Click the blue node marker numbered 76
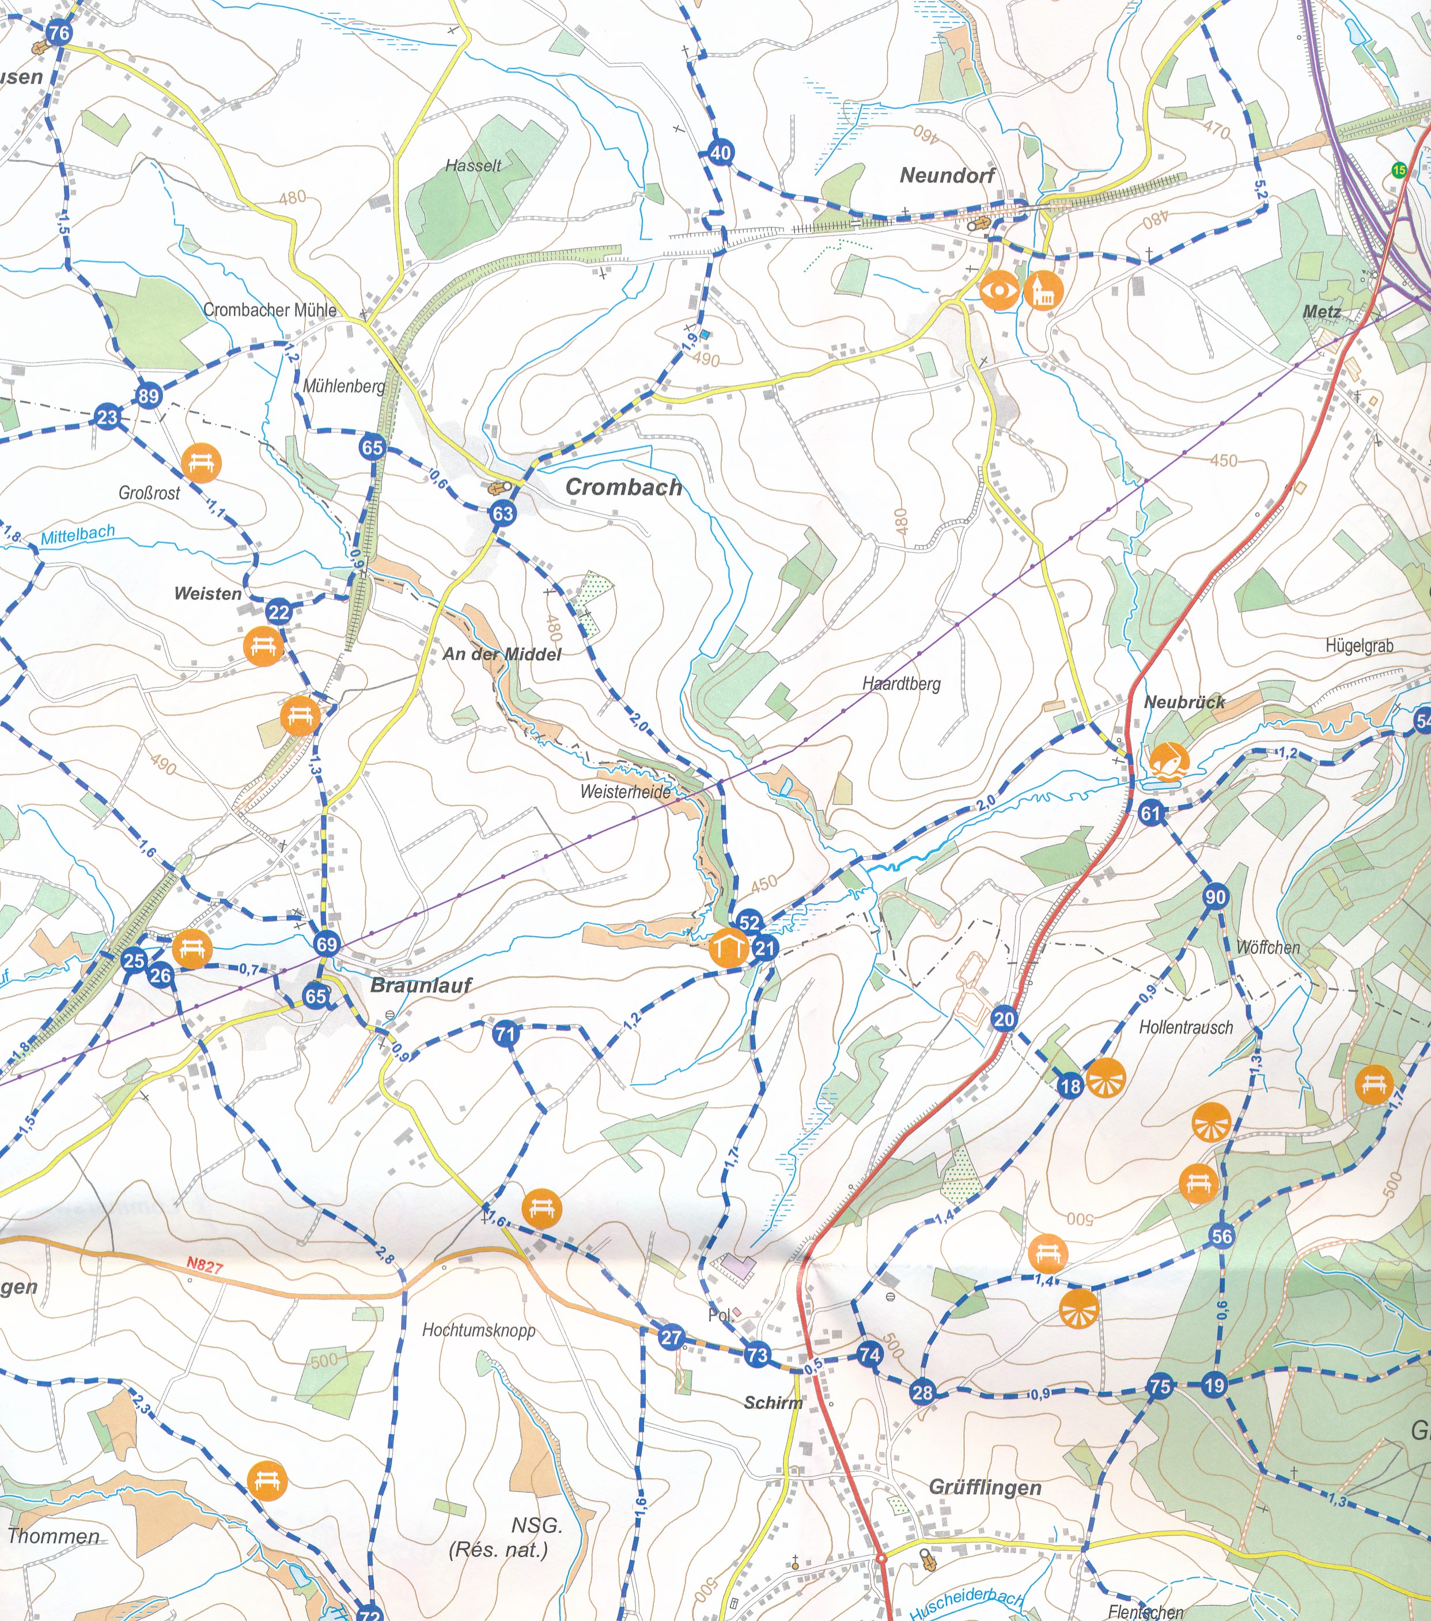(59, 32)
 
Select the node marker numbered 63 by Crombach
(503, 513)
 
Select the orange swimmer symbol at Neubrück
(1168, 762)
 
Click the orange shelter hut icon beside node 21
(728, 948)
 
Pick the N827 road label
(204, 1265)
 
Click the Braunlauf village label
(421, 985)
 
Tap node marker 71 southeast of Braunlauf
(505, 1033)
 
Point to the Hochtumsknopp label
(478, 1330)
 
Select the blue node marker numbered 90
(1215, 897)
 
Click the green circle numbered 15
(1399, 170)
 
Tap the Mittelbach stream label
(78, 535)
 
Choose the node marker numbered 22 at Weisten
(278, 611)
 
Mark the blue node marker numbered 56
(1221, 1236)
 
